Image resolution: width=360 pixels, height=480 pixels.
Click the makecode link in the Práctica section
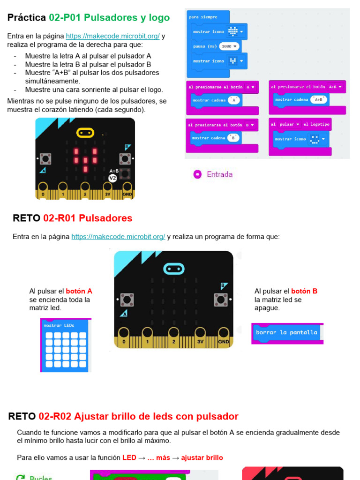click(112, 36)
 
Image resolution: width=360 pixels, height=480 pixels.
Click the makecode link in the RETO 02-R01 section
click(118, 237)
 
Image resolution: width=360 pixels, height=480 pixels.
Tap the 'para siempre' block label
click(203, 17)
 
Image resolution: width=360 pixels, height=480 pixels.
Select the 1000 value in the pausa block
click(229, 46)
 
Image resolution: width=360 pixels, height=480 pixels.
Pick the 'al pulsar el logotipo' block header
click(300, 124)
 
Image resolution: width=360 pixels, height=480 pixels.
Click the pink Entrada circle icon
click(197, 174)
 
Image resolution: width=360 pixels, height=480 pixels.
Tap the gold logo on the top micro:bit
click(85, 133)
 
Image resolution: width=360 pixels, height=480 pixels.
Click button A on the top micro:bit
click(45, 158)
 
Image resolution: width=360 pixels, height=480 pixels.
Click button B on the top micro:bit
click(125, 158)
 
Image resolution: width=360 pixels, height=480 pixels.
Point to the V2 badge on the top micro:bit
click(112, 178)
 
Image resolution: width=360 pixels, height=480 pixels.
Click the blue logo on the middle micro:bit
click(173, 269)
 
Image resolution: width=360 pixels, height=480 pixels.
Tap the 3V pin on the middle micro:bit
click(200, 342)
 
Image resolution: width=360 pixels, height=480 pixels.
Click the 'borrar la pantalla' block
click(286, 332)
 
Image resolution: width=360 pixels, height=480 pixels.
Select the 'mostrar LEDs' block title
click(59, 325)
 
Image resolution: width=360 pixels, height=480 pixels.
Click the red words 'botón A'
click(79, 291)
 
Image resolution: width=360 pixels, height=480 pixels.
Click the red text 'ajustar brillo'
click(202, 457)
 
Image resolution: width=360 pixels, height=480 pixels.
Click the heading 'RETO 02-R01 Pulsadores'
click(73, 218)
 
